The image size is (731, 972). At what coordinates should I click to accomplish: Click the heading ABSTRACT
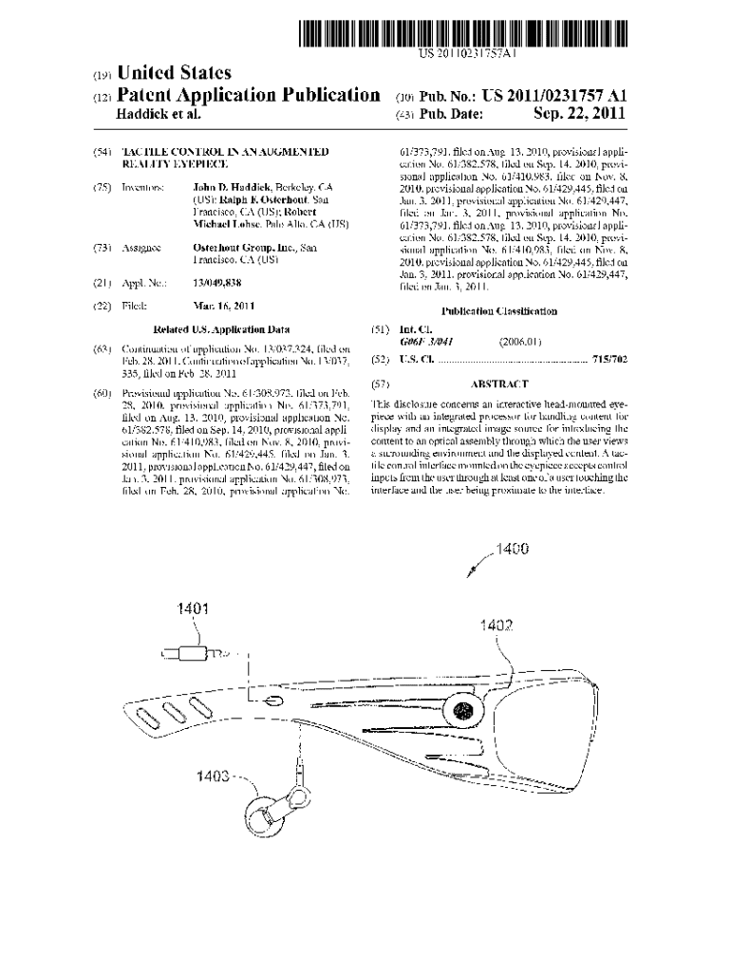point(498,385)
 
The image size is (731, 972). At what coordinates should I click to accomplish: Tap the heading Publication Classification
point(498,311)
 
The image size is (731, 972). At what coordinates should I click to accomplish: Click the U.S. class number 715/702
point(609,361)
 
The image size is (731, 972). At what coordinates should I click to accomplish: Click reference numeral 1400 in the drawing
point(508,549)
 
